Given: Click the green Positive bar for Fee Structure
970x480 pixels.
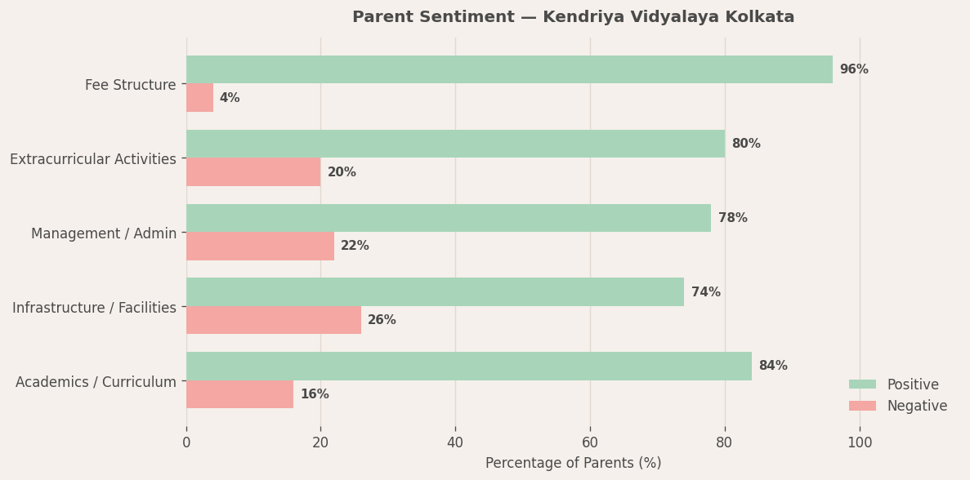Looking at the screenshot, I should (x=509, y=69).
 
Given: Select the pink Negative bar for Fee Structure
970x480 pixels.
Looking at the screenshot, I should (x=199, y=98).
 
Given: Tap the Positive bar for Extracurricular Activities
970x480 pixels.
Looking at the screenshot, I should (x=455, y=144).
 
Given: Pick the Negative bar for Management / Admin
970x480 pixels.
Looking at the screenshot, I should (x=260, y=246).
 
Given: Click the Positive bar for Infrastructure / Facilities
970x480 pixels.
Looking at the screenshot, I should (x=435, y=292).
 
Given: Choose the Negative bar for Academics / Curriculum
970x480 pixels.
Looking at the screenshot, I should (x=239, y=394).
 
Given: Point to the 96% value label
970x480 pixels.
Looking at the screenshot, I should (x=854, y=70).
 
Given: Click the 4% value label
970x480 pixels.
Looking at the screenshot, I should (x=230, y=98).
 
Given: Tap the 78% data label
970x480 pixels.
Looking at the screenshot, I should (x=732, y=218).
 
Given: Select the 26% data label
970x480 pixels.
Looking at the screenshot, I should (x=382, y=320).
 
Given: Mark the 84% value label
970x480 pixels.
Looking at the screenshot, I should (x=773, y=366).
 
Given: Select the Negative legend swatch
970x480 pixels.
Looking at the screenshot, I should (x=862, y=406).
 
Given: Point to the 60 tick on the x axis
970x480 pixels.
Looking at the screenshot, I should (x=590, y=442).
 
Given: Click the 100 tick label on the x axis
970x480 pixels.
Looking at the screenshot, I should (x=860, y=442).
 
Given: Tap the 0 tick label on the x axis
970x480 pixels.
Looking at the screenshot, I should (x=186, y=442).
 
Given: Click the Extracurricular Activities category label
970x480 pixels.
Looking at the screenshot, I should (x=93, y=159).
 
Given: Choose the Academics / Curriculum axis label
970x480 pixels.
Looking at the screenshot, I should (x=96, y=382).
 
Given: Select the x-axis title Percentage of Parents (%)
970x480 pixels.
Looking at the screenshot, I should (x=573, y=463).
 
